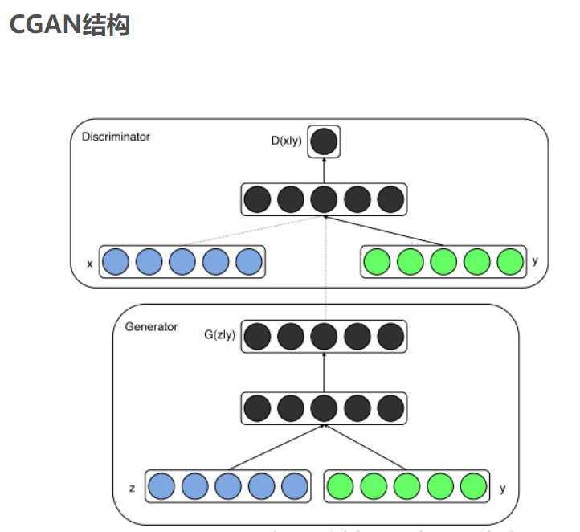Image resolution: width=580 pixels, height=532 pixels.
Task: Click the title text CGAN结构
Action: coord(69,25)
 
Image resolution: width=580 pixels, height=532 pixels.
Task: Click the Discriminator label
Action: coord(116,137)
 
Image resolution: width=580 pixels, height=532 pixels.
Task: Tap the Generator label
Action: coord(151,327)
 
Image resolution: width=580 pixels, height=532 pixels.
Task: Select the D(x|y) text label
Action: coord(287,141)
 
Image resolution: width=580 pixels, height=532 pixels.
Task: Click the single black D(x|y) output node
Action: coord(324,142)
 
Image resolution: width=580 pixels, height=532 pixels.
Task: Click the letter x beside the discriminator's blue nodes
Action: coord(89,263)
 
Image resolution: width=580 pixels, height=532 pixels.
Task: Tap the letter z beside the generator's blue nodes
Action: coord(131,487)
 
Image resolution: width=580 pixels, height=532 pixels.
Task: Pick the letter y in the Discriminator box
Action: coord(534,260)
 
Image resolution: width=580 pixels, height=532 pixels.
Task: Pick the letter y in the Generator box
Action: coord(502,487)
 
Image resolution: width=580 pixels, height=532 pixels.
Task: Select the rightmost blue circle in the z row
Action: coord(295,486)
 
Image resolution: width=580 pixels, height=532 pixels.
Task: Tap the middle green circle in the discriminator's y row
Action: coord(443,262)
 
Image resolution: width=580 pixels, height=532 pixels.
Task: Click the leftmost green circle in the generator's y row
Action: coord(341,486)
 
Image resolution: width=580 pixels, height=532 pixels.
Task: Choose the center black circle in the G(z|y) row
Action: coord(324,336)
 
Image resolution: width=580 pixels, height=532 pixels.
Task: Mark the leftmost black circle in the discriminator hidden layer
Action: coord(257,199)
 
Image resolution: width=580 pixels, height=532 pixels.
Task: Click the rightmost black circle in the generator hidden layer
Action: coord(390,408)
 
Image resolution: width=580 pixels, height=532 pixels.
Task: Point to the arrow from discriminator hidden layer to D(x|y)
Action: coord(324,170)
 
